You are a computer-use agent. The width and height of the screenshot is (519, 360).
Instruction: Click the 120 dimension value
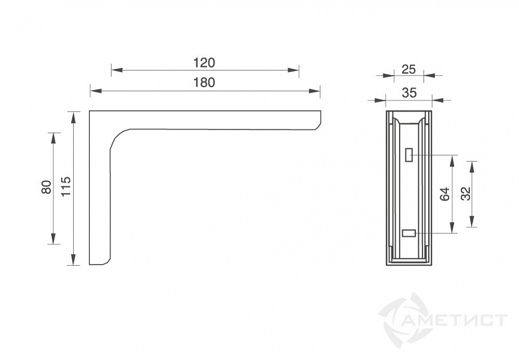204,63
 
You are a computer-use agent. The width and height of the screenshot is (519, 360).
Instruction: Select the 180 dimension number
204,82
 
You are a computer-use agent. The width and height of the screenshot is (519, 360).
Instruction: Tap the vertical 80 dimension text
47,187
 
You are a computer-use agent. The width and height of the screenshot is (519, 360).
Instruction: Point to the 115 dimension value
66,186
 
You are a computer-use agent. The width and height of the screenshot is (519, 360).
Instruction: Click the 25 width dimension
408,70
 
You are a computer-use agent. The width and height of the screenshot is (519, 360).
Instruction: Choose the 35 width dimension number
409,93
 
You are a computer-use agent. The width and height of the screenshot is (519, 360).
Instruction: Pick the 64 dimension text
445,194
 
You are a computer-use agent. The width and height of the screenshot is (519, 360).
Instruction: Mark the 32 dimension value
466,194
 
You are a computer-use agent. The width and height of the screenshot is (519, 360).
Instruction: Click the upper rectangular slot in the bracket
409,155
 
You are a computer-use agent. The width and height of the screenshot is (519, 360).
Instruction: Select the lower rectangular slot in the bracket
409,233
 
